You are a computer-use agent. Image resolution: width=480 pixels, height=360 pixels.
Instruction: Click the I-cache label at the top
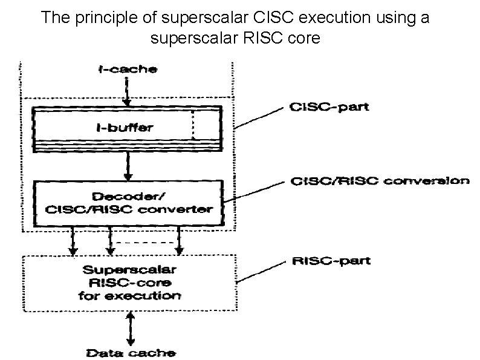point(128,69)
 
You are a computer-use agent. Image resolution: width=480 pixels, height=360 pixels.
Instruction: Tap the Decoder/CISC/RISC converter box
point(127,203)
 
